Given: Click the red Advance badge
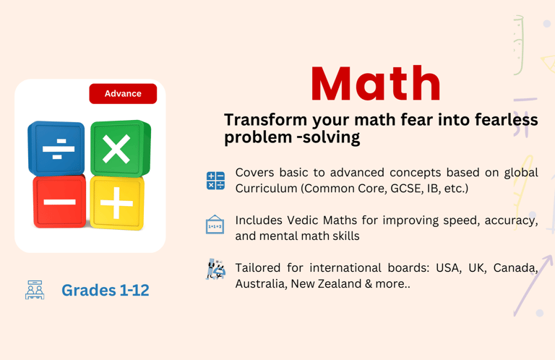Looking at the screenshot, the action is tap(123, 93).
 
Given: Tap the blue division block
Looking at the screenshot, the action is tap(56, 148).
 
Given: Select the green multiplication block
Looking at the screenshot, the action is tap(121, 148).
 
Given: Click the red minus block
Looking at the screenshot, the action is tap(59, 202).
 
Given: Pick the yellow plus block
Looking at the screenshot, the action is tap(117, 203).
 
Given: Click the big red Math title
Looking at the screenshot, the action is tap(376, 84).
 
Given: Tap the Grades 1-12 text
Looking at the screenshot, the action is tap(105, 290).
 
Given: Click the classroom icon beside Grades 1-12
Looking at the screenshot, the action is tap(35, 290).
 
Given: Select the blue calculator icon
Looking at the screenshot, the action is tap(215, 181).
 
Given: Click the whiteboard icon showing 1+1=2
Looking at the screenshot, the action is tap(215, 224).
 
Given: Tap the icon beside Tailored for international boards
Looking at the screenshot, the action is tap(215, 270).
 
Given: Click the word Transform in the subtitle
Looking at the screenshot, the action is tap(265, 120).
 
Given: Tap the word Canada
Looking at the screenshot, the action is tap(516, 268).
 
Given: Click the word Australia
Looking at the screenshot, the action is tap(261, 283).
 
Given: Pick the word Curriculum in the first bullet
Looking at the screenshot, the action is tap(266, 189).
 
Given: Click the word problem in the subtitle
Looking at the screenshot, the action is tap(257, 137).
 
